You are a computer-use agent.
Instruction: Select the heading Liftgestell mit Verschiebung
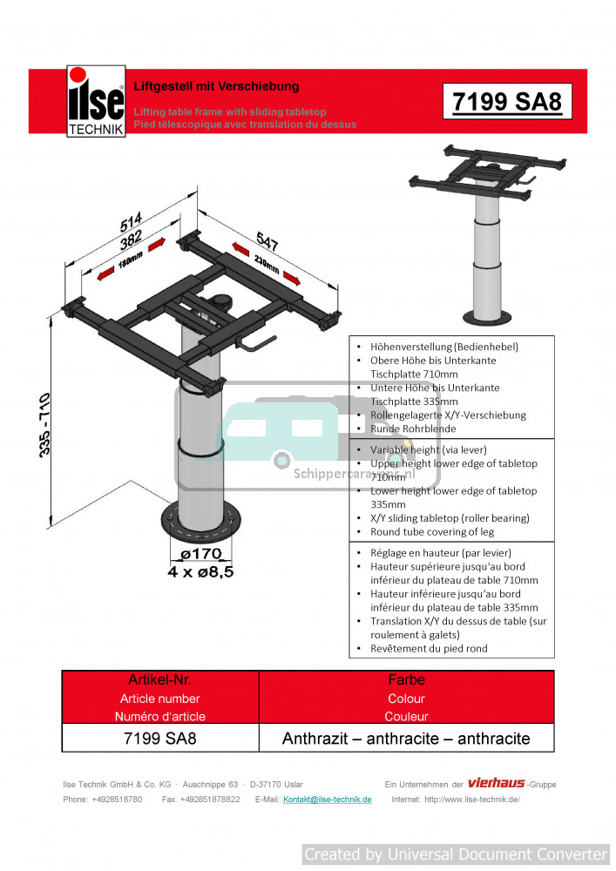(216, 86)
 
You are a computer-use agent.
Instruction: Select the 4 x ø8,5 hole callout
(200, 571)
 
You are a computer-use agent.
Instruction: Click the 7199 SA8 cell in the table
(160, 739)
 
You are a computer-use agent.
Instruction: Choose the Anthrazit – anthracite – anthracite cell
(406, 739)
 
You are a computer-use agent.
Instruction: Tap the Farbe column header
(406, 679)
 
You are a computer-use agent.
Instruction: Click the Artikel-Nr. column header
(160, 679)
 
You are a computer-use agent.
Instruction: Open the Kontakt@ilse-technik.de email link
(328, 800)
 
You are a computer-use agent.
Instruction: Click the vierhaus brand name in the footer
(496, 783)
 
